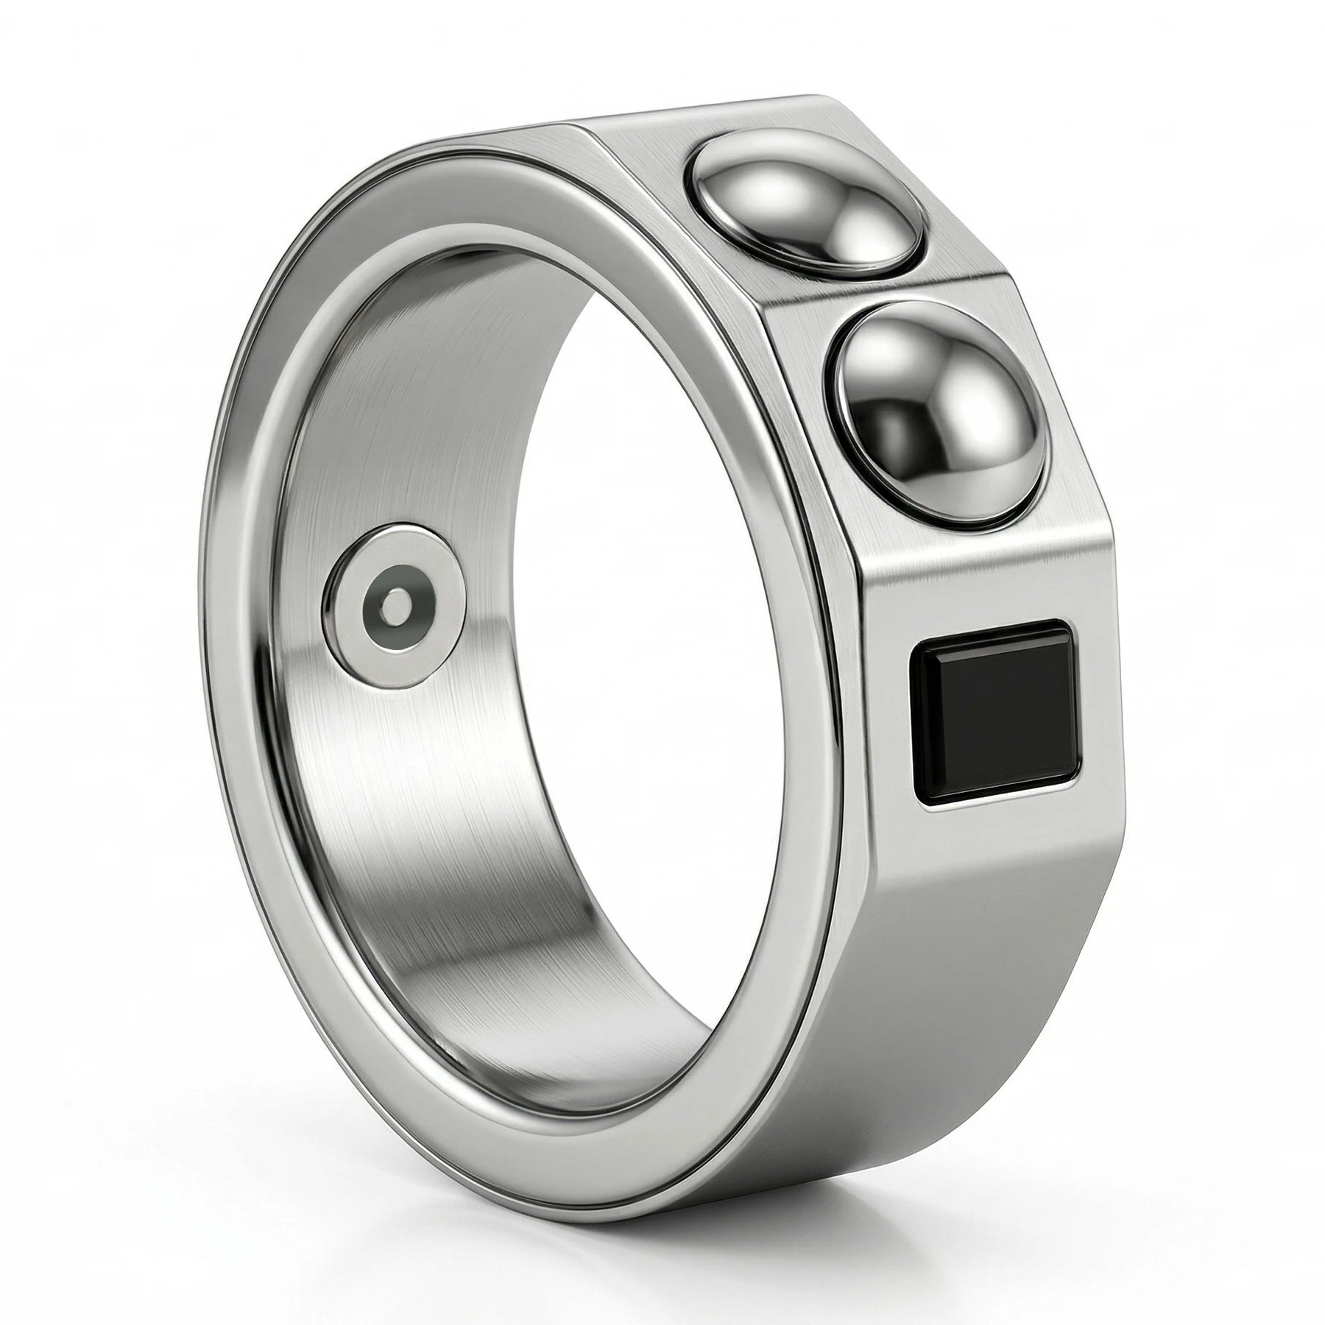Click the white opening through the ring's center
(x=648, y=662)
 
